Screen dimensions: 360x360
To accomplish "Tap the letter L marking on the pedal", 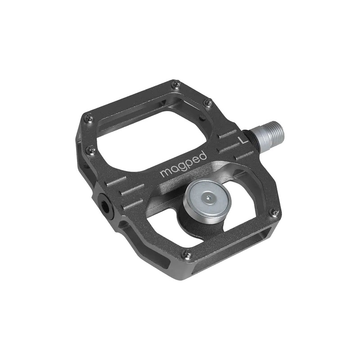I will pyautogui.click(x=243, y=139).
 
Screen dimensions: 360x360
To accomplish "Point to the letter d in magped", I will pyautogui.click(x=203, y=156).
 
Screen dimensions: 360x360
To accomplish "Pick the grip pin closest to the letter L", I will pyautogui.click(x=208, y=103).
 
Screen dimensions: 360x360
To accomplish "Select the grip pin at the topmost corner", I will pyautogui.click(x=176, y=84).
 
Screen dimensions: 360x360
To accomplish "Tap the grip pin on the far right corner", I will pyautogui.click(x=273, y=211).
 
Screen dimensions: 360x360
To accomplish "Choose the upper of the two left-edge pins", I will pyautogui.click(x=89, y=118).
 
